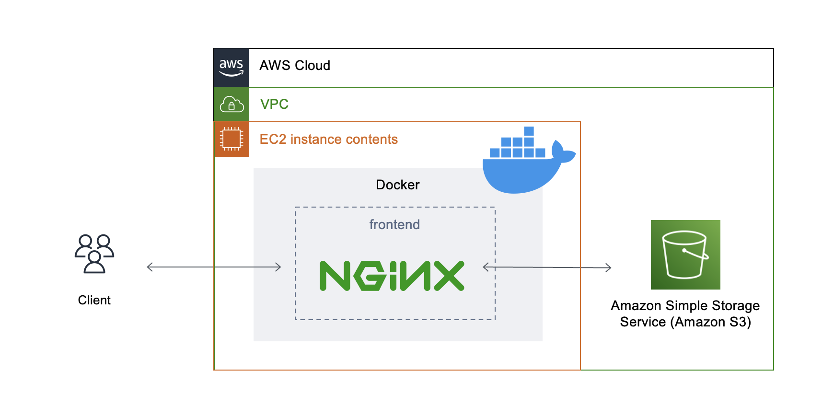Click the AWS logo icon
coord(231,67)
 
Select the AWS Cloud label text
coord(295,66)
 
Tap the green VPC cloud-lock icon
coord(232,104)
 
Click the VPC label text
coord(274,104)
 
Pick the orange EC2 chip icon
coord(232,139)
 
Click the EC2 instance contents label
coord(328,139)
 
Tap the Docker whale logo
coord(522,165)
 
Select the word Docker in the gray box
coord(397,185)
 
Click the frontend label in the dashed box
coord(394,224)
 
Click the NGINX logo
coord(392,276)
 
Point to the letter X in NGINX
coord(449,276)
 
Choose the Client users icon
coord(94,254)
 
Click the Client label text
coord(94,300)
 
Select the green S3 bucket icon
coord(685,255)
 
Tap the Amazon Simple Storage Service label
coord(685,313)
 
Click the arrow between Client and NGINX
coord(214,267)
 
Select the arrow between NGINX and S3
coord(547,267)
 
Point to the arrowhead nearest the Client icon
coord(150,267)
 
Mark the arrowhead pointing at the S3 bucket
coord(609,267)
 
